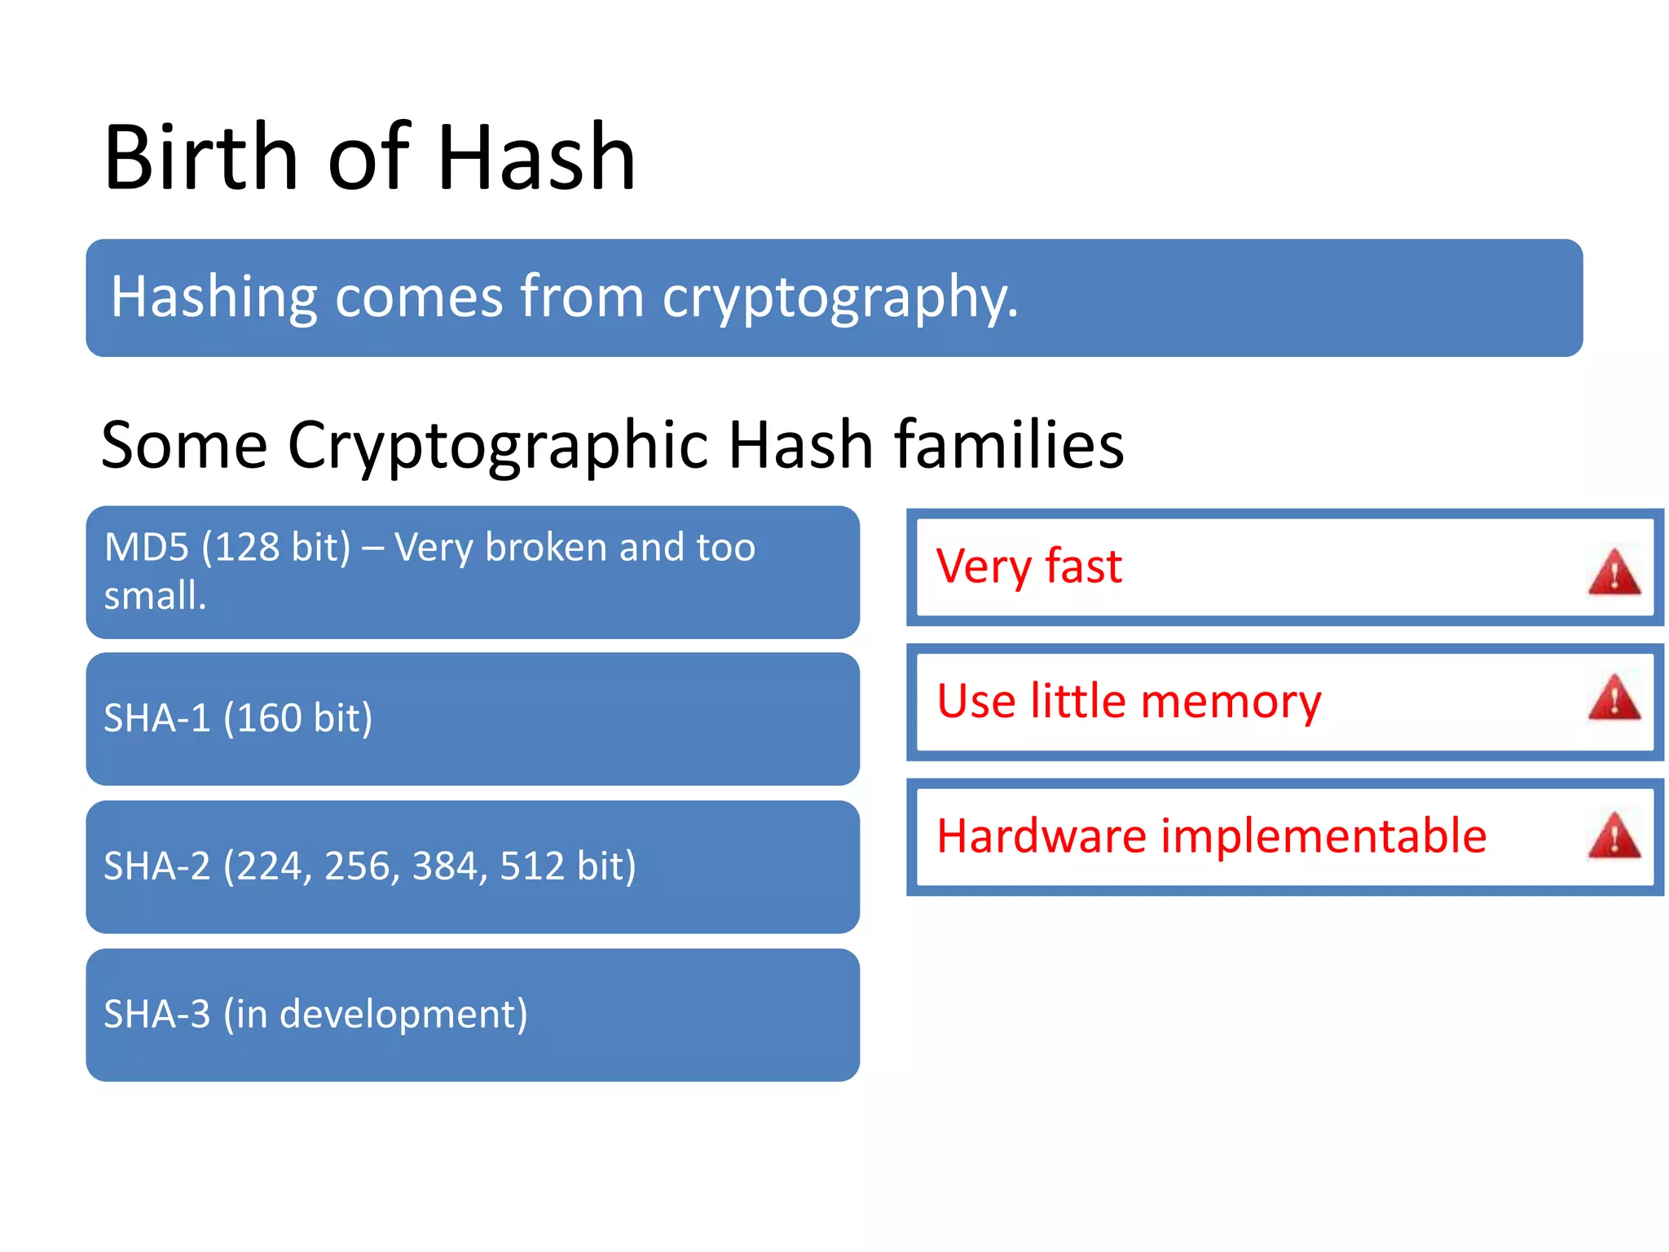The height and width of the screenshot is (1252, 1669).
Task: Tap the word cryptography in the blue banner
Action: (839, 298)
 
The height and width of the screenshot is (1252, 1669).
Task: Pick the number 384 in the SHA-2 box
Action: (445, 866)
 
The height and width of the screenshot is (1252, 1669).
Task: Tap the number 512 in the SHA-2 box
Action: (532, 866)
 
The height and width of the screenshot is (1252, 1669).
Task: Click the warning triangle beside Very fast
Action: (1614, 572)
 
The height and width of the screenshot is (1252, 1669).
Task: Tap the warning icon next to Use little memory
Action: (1614, 698)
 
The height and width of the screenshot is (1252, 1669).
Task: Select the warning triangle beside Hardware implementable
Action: (1614, 835)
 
